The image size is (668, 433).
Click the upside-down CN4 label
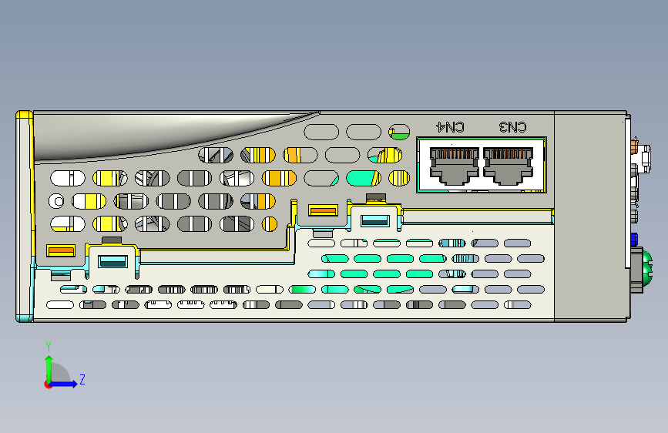451,126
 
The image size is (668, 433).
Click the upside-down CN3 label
513,126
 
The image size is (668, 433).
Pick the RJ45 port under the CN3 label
508,166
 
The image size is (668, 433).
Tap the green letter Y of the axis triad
48,346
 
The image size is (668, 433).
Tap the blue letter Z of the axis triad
82,380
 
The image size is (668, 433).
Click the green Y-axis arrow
49,364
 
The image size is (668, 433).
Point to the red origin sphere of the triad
49,384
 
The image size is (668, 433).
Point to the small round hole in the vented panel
57,202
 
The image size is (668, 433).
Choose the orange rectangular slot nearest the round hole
60,250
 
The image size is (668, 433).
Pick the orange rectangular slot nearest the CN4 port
323,210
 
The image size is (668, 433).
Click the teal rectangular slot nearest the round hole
112,260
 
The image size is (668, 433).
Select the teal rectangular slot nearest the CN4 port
375,220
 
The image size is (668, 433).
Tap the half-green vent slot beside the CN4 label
399,132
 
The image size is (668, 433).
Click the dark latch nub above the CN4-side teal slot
375,199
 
